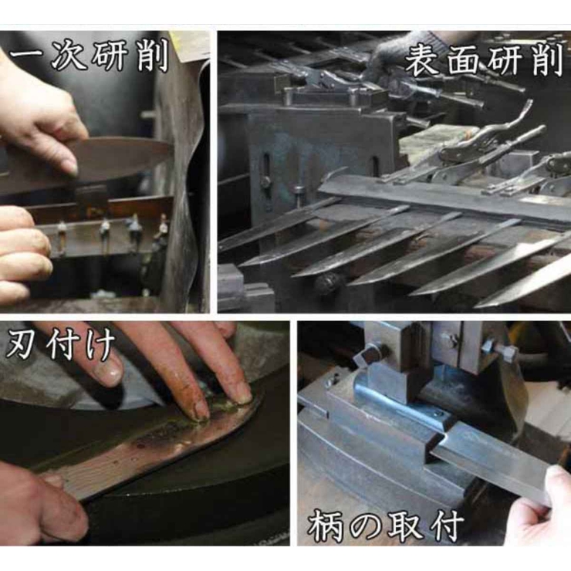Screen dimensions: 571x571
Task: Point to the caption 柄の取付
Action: (x=387, y=526)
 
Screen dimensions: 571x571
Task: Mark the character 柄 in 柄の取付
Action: (x=326, y=527)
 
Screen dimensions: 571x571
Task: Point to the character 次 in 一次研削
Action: (x=67, y=57)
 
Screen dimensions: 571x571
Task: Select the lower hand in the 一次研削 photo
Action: (x=23, y=251)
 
